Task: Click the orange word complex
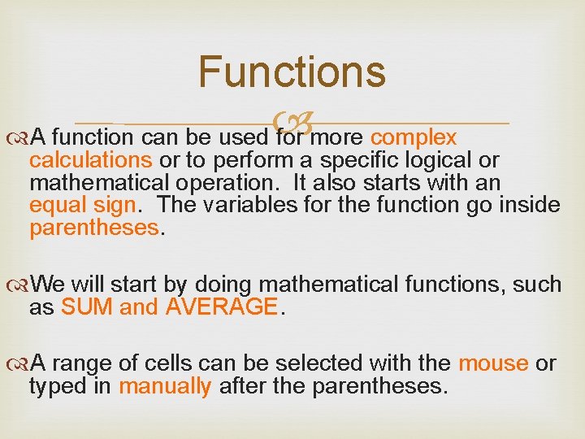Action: tap(414, 136)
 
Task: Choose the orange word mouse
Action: tap(493, 363)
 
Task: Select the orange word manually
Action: tap(165, 386)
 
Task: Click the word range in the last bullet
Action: tap(84, 363)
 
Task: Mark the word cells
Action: tap(169, 363)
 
